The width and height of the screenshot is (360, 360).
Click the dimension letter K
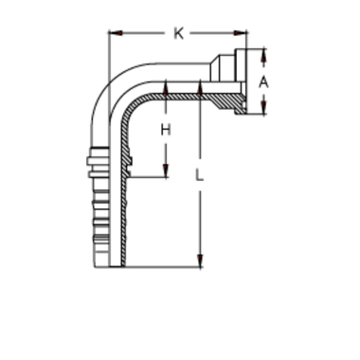coord(177,35)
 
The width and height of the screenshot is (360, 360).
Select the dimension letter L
coord(197,174)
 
